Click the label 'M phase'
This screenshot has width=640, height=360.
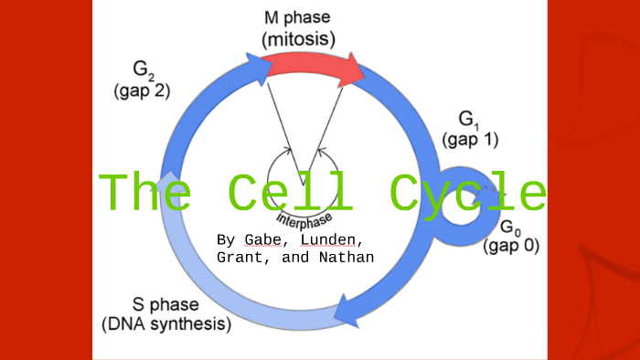(298, 17)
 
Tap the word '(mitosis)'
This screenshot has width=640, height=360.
(298, 39)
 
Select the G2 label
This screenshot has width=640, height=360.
(142, 70)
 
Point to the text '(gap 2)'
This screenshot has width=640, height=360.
(142, 90)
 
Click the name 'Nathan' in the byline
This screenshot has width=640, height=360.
(347, 257)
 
